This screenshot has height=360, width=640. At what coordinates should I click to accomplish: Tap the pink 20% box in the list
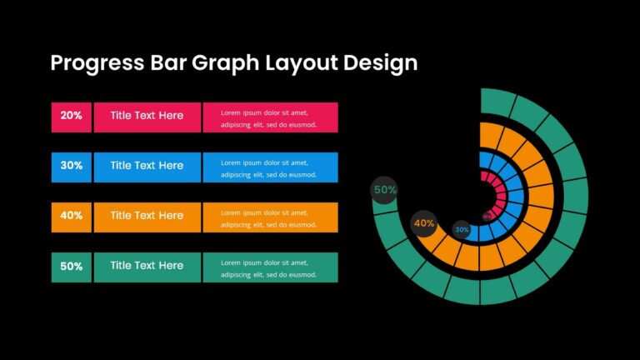tap(71, 117)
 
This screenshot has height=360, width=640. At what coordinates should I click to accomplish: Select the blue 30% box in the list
tap(71, 167)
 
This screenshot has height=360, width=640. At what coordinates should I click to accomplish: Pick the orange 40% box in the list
tap(71, 217)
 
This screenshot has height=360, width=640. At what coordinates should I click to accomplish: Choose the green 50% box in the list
tap(71, 267)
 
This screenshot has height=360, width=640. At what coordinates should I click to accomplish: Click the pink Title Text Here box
tap(147, 117)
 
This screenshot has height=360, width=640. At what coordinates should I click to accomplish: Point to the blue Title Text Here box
tap(147, 167)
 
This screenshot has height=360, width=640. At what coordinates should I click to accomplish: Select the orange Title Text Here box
tap(147, 217)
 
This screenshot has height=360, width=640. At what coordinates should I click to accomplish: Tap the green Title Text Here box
tap(147, 267)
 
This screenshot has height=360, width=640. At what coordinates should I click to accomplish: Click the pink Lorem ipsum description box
tap(270, 117)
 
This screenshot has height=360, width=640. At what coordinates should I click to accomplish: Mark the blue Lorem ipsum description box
tap(270, 167)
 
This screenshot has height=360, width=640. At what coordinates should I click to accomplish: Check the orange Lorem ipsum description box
tap(270, 217)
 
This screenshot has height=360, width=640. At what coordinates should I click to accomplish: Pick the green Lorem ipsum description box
tap(270, 267)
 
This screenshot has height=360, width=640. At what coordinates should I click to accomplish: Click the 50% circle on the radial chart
tap(385, 190)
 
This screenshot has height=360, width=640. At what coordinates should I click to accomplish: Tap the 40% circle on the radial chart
tap(424, 223)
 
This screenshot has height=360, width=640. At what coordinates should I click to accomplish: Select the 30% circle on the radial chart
tap(462, 229)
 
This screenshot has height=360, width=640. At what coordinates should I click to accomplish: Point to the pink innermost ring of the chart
tap(498, 192)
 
